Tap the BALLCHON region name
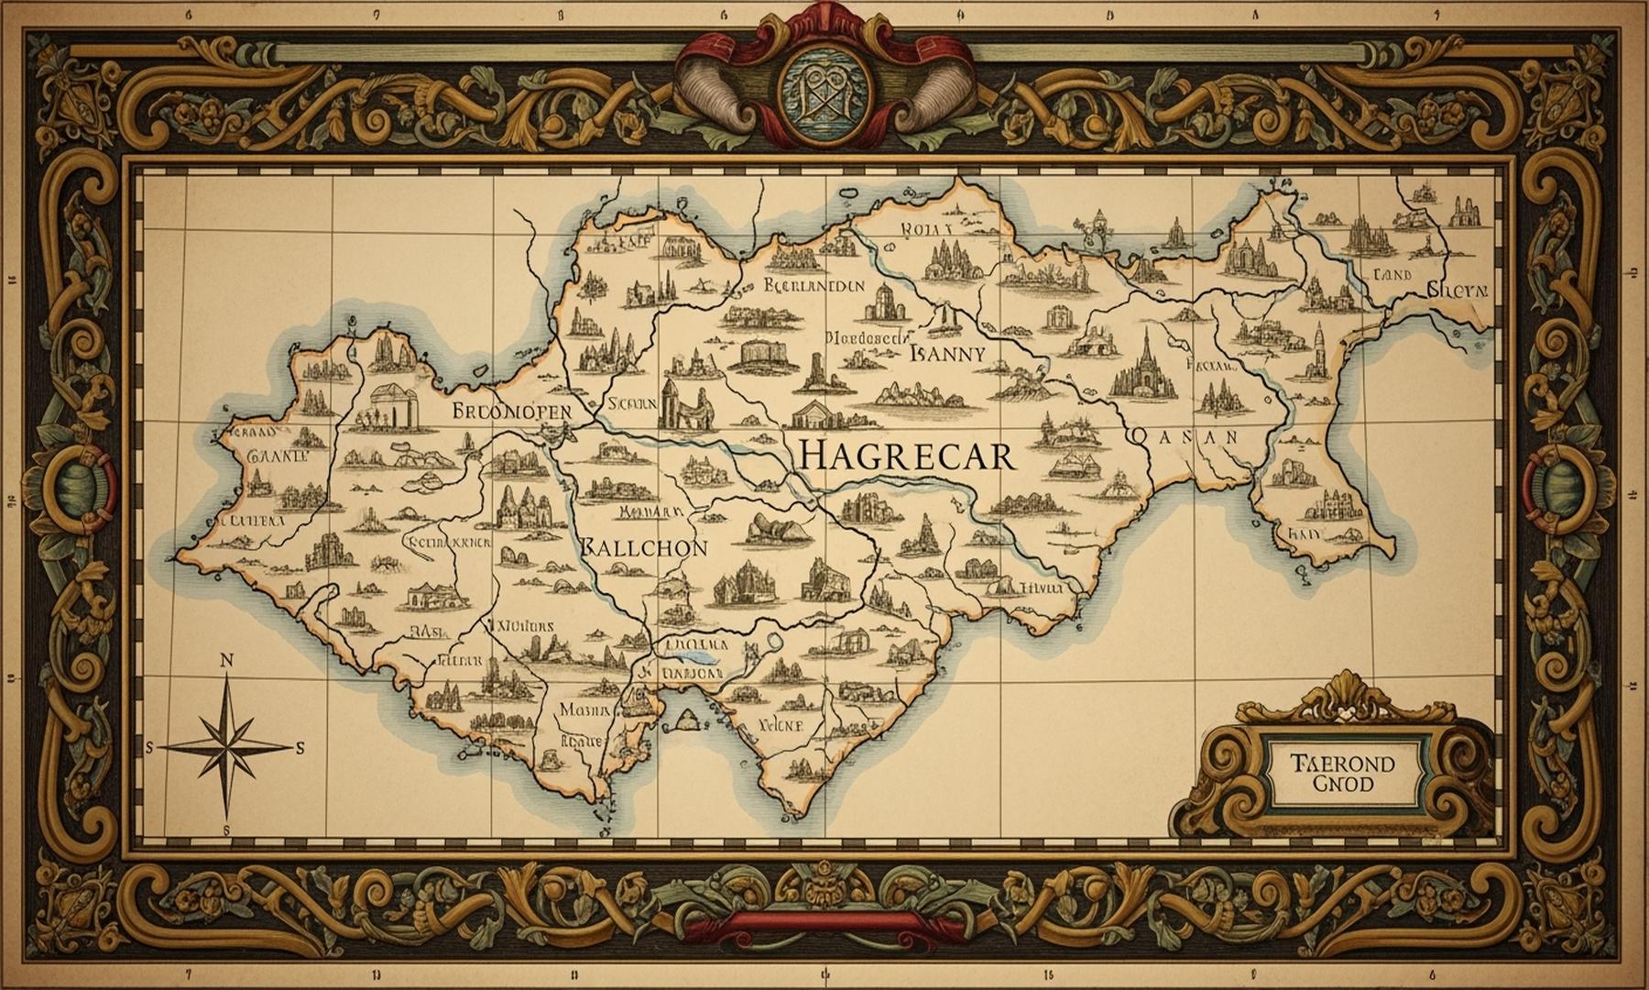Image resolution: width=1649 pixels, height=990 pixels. [644, 548]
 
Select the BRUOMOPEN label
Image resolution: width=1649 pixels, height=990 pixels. [511, 412]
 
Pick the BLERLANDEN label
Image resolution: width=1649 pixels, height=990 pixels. [813, 285]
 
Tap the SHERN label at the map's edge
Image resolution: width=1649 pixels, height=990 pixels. [1458, 291]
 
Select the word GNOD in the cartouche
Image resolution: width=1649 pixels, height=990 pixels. [1342, 785]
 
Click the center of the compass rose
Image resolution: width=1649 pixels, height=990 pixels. [228, 747]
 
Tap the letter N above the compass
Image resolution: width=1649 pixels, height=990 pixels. [227, 661]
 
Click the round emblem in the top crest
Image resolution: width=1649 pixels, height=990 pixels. [822, 92]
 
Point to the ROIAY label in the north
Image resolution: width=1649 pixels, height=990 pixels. [926, 229]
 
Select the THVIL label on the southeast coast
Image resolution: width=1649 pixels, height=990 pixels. [1041, 588]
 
